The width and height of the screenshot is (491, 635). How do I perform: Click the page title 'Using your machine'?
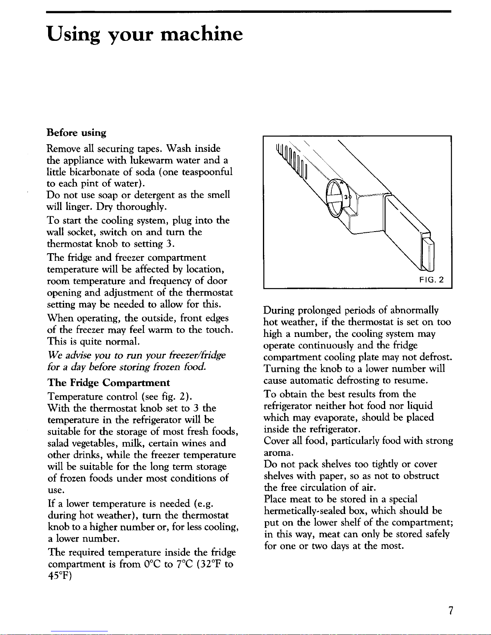[x=145, y=34]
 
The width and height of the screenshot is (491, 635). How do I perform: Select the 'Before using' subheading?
[x=77, y=133]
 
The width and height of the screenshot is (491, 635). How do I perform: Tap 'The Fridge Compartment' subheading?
[x=109, y=383]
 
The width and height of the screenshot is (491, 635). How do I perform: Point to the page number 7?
[x=451, y=611]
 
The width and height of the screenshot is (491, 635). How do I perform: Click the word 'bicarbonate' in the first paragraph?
[x=90, y=172]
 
